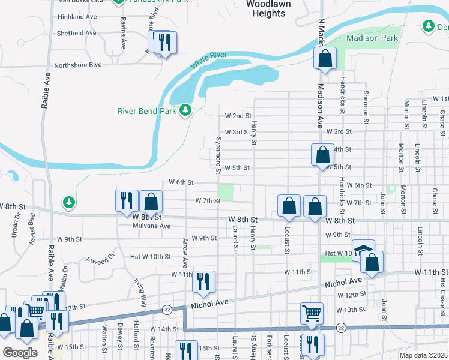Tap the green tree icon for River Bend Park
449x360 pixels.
click(185, 110)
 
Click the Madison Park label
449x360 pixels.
click(372, 38)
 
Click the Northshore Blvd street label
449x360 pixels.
click(78, 65)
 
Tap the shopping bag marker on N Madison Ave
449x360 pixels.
click(325, 59)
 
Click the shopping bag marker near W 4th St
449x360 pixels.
click(323, 155)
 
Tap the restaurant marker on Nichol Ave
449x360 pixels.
click(203, 282)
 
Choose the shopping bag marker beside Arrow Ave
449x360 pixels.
click(151, 202)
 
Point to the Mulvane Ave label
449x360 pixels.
click(152, 226)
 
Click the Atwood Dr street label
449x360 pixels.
click(100, 259)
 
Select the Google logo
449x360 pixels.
click(20, 353)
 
